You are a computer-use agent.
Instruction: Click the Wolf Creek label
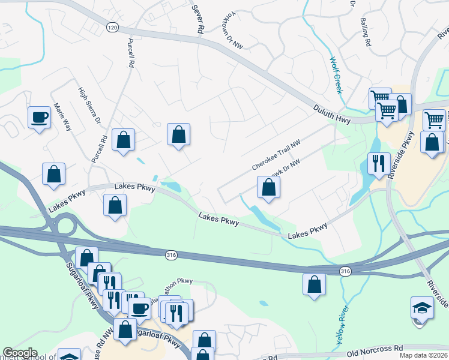[336, 76]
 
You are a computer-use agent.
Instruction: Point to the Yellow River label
[340, 327]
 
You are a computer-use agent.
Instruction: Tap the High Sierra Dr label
[89, 105]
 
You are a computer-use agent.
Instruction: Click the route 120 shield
[112, 28]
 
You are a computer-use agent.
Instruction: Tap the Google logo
[20, 353]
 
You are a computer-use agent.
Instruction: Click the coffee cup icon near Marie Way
[40, 117]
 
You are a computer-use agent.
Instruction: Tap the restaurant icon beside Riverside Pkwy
[378, 164]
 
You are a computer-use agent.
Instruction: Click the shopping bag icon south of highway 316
[315, 284]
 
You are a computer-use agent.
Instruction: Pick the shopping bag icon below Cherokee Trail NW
[268, 188]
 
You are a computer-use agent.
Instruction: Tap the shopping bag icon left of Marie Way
[54, 175]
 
